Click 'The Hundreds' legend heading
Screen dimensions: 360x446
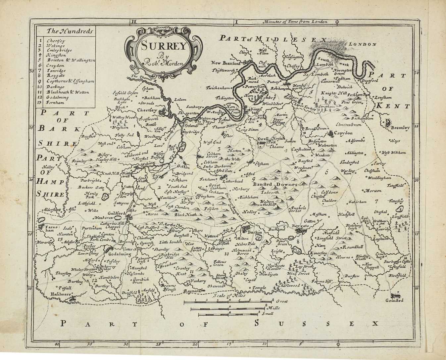65,31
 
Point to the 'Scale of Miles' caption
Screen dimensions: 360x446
229,295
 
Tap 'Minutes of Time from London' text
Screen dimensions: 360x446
295,22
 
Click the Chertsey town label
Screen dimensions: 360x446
147,110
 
